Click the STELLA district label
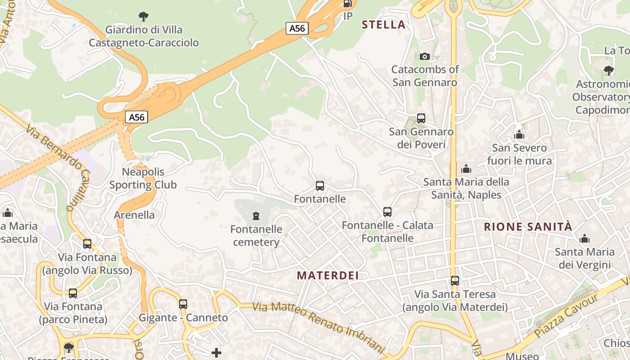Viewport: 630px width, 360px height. pos(383,25)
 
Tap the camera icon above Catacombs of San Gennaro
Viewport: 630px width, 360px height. pos(425,56)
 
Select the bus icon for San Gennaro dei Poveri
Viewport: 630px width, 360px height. pos(421,118)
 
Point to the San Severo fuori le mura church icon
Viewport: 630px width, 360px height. pos(519,135)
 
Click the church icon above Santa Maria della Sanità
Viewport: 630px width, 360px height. pos(466,169)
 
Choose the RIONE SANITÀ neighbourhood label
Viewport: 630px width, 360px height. pos(528,226)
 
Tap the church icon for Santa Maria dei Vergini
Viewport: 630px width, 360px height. pos(585,238)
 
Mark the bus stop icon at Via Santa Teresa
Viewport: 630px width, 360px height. pos(455,281)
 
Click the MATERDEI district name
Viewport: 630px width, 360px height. pos(328,275)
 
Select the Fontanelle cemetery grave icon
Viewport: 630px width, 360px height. pos(256,216)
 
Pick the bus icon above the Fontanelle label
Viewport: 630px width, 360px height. pos(320,185)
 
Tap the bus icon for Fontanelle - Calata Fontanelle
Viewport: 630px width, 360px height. pos(387,211)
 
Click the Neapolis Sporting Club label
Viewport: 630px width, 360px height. pos(143,178)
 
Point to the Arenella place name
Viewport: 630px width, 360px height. pos(134,215)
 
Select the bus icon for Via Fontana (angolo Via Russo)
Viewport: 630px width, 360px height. pos(87,244)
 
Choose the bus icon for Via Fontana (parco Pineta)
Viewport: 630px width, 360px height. pos(73,293)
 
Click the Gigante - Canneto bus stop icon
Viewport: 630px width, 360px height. pos(183,304)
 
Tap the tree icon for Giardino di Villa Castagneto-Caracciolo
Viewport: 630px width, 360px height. pos(144,17)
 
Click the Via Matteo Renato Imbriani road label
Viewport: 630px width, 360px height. pos(318,327)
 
